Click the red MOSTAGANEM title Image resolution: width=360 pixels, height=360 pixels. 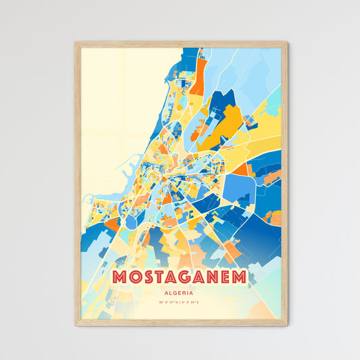click(x=179, y=278)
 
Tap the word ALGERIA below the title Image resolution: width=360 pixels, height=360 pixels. click(x=179, y=293)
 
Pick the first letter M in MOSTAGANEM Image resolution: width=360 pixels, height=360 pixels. click(x=121, y=278)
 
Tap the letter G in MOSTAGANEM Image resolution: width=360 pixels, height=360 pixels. click(x=185, y=278)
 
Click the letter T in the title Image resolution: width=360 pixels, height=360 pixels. click(x=159, y=278)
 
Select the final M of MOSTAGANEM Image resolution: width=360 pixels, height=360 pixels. click(x=238, y=278)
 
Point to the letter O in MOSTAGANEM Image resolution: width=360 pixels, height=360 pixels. click(x=134, y=278)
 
